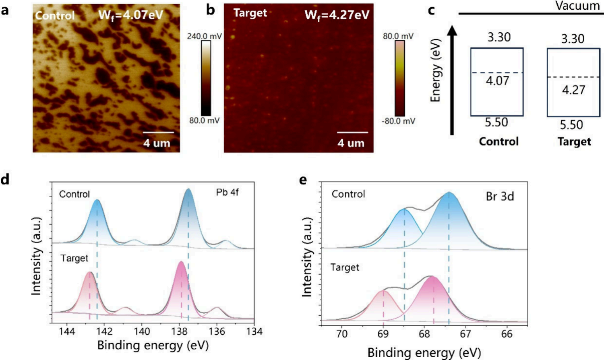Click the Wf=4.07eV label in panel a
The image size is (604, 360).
click(131, 15)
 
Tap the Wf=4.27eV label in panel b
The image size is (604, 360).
click(337, 15)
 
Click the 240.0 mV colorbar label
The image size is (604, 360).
click(204, 36)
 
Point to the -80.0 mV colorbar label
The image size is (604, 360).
click(399, 121)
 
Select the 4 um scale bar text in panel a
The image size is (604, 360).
click(157, 143)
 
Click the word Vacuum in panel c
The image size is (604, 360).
click(577, 6)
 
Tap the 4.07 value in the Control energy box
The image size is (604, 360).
click(498, 81)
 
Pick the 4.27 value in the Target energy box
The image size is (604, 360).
click(574, 89)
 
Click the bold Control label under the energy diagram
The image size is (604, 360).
click(499, 141)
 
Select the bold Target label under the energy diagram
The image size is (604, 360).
click(574, 141)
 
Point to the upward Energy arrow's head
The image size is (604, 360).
click(453, 31)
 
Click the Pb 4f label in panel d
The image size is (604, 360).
click(227, 192)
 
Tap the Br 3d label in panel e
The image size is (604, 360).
click(500, 196)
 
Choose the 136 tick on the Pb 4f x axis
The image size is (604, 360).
click(217, 331)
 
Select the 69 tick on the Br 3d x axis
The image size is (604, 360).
click(383, 334)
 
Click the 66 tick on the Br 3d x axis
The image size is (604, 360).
click(507, 334)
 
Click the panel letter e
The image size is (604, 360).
click(303, 180)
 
